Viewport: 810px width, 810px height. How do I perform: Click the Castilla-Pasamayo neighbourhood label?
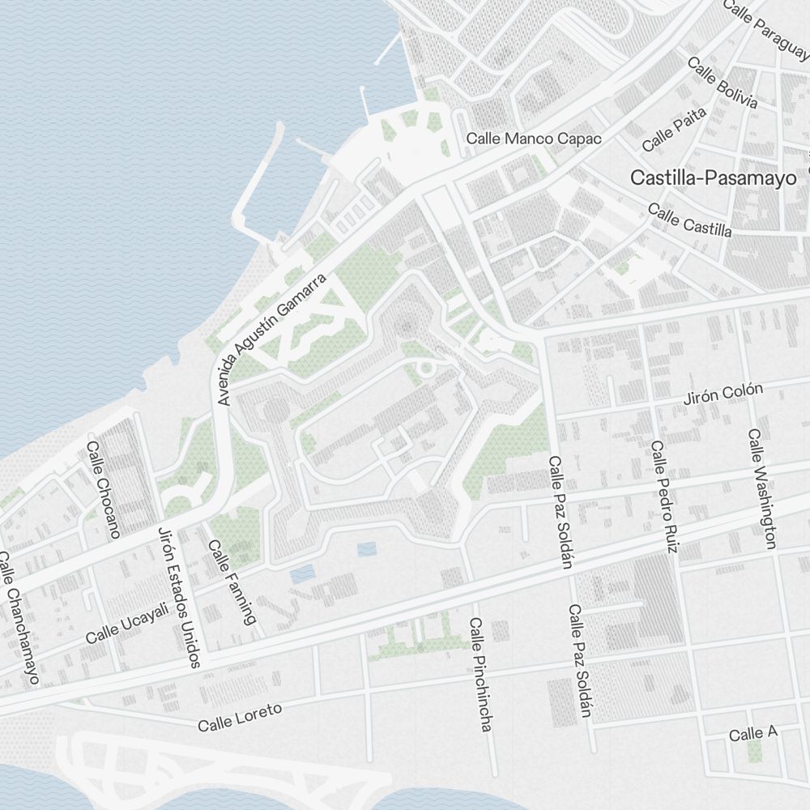pos(713,178)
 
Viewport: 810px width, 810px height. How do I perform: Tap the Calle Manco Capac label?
pos(534,139)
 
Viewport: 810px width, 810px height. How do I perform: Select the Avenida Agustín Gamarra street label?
pos(273,339)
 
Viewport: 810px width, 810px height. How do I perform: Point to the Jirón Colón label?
pos(723,394)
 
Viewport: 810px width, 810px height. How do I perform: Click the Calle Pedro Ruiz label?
pos(663,497)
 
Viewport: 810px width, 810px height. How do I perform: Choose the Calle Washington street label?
pos(762,488)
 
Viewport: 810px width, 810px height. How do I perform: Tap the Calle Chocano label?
pos(103,489)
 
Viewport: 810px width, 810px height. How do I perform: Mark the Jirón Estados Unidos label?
pos(178,598)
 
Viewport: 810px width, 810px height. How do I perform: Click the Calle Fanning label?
pos(232,582)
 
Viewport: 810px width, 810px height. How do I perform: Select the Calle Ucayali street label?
pos(127,623)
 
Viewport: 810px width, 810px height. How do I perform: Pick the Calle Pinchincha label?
pos(480,674)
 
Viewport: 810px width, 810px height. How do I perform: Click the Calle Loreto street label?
pos(240,718)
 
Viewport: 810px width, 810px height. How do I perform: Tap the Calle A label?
pos(752,734)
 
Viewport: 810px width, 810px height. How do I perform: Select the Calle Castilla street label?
pos(689,220)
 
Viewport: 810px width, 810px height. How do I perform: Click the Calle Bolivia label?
pos(723,83)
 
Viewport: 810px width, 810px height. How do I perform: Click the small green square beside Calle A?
pos(755,752)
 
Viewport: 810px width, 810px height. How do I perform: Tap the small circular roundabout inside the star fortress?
pos(427,369)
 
